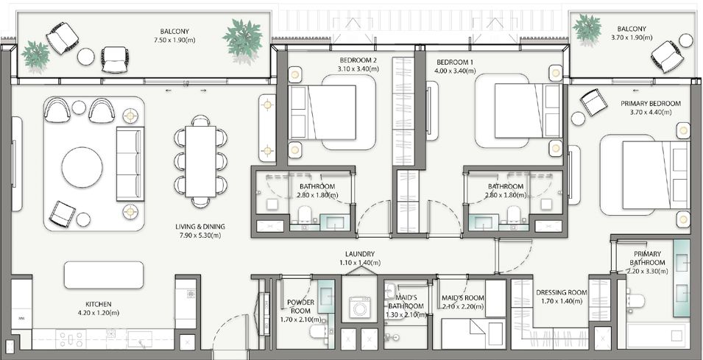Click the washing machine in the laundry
pyautogui.click(x=360, y=308)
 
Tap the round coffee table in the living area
pyautogui.click(x=82, y=167)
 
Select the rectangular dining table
pyautogui.click(x=200, y=161)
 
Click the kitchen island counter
pyautogui.click(x=104, y=275)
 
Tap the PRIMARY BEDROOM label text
pyautogui.click(x=651, y=104)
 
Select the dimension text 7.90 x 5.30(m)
pyautogui.click(x=198, y=236)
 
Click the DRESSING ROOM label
pyautogui.click(x=562, y=293)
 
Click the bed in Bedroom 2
pyautogui.click(x=322, y=112)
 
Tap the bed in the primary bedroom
pyautogui.click(x=656, y=174)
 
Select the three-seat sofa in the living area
pyautogui.click(x=130, y=163)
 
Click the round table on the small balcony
pyautogui.click(x=685, y=40)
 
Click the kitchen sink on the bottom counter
pyautogui.click(x=139, y=339)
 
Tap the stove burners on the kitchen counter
pyautogui.click(x=71, y=339)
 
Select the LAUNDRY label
pyautogui.click(x=360, y=254)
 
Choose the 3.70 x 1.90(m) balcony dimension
pyautogui.click(x=632, y=38)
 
